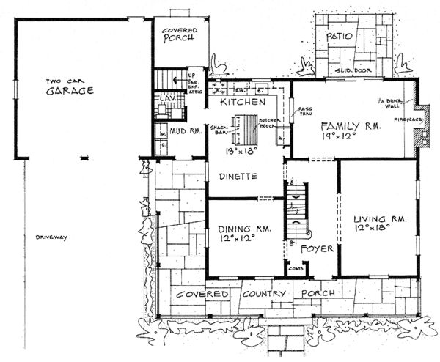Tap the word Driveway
pos(49,237)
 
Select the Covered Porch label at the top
pos(178,34)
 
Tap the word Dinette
pos(236,176)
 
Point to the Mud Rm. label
pos(186,133)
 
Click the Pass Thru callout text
pos(304,112)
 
